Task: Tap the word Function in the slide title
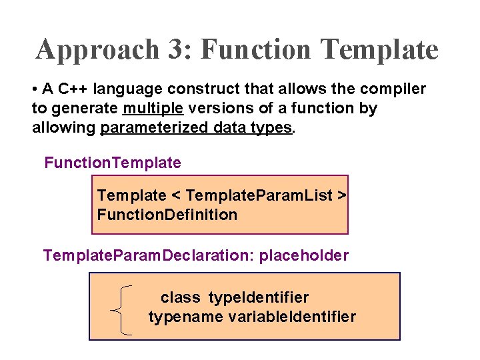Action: click(x=256, y=49)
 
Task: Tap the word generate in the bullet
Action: click(x=88, y=108)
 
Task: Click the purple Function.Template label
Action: click(x=113, y=163)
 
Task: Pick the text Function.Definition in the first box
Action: click(x=167, y=215)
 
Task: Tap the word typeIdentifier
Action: click(x=259, y=297)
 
